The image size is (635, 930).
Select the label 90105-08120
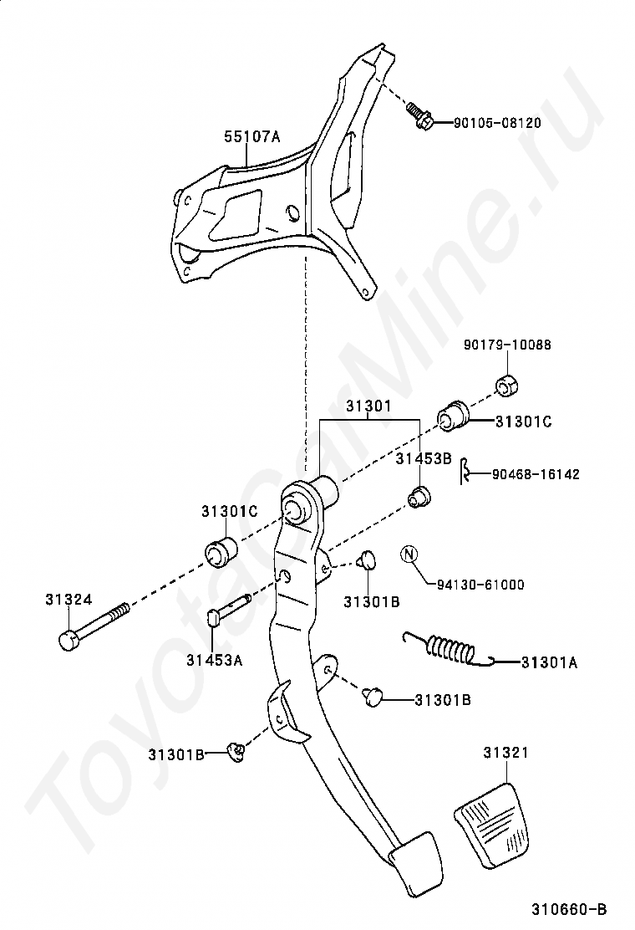coord(497,123)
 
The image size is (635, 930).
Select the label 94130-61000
coord(480,585)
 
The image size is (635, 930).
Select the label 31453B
coord(424,458)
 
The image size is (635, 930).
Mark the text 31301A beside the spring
coord(549,663)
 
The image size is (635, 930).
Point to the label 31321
coord(505,754)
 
